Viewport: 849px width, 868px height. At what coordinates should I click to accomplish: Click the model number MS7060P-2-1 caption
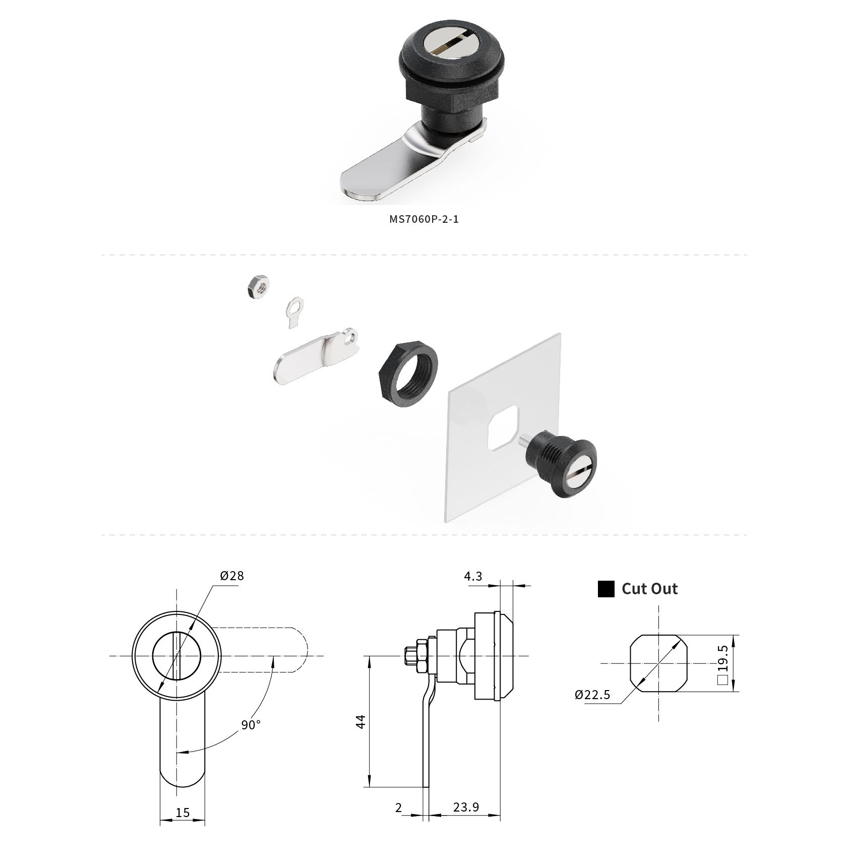pos(424,219)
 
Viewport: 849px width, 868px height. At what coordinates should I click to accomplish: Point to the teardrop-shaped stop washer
pos(294,312)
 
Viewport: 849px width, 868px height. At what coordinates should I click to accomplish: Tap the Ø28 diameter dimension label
pos(231,575)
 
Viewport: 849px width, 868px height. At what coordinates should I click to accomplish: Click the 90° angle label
pos(251,725)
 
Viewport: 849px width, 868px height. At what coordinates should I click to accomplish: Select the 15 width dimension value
pos(183,813)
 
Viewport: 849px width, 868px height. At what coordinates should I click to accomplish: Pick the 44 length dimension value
pos(360,722)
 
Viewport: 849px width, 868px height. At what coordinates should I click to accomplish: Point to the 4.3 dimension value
pos(473,576)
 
